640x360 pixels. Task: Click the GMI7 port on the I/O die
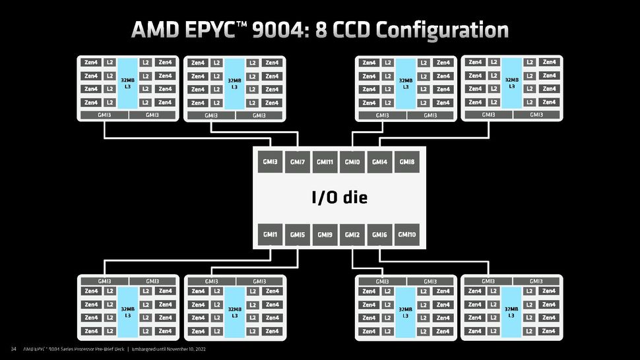point(297,162)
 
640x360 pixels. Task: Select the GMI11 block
point(325,162)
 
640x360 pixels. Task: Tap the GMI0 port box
point(352,162)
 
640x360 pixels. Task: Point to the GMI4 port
point(379,162)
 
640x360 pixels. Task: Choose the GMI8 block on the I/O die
point(407,162)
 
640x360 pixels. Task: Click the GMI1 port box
point(270,235)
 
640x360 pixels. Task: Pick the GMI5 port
point(297,235)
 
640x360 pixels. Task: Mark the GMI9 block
point(325,235)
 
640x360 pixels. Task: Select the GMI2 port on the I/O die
point(352,235)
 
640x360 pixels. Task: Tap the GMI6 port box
point(379,235)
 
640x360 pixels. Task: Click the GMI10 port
point(407,235)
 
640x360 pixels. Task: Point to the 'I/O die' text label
point(339,197)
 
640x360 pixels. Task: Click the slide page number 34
point(13,349)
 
